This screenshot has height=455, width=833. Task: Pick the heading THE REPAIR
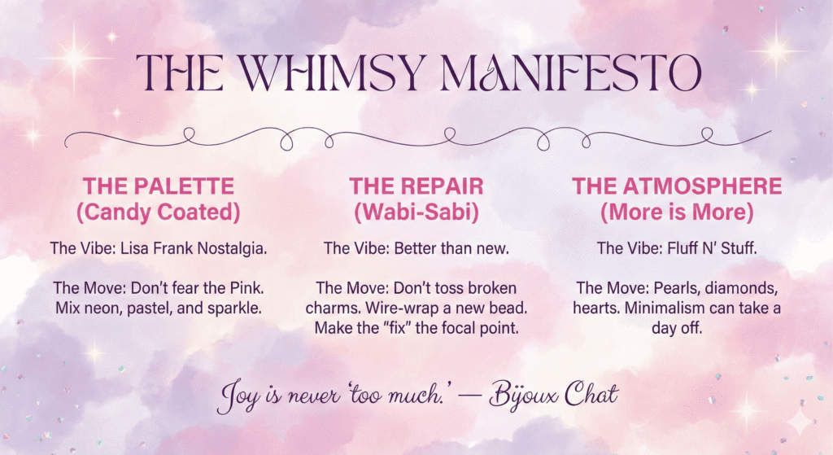pos(416,186)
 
